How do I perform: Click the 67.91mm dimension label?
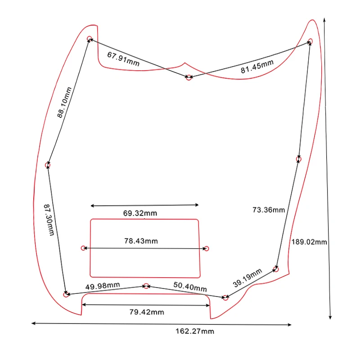click(123, 59)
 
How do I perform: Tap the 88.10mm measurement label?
click(64, 103)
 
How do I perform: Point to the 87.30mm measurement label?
click(49, 219)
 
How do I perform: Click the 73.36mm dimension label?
click(269, 210)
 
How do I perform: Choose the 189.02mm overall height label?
click(309, 242)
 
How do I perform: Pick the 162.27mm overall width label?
click(194, 331)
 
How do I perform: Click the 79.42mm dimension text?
click(147, 312)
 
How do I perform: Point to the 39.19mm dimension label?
click(247, 278)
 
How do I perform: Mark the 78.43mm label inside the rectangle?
click(141, 241)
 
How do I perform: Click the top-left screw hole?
click(90, 39)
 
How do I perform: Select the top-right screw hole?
click(310, 41)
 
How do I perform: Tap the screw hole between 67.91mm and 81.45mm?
click(189, 77)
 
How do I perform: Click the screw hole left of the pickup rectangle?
click(83, 248)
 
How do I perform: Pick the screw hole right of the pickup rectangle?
click(207, 248)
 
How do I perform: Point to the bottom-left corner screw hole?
click(66, 295)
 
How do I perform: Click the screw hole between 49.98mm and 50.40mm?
click(146, 286)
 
